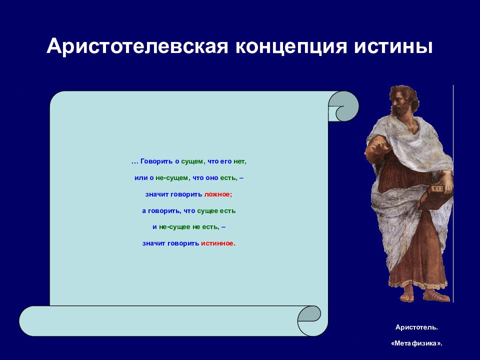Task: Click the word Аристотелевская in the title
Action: [x=137, y=47]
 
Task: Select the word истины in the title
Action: [x=393, y=47]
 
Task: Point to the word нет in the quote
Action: [x=239, y=161]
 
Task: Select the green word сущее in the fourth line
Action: [x=207, y=211]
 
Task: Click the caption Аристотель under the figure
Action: [x=416, y=327]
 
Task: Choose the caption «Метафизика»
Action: [x=416, y=343]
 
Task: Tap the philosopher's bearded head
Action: [x=403, y=100]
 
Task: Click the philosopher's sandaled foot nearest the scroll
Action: [x=408, y=297]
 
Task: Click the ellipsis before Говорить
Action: [x=135, y=162]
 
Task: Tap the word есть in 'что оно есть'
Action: [x=228, y=178]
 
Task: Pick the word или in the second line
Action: [x=141, y=178]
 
